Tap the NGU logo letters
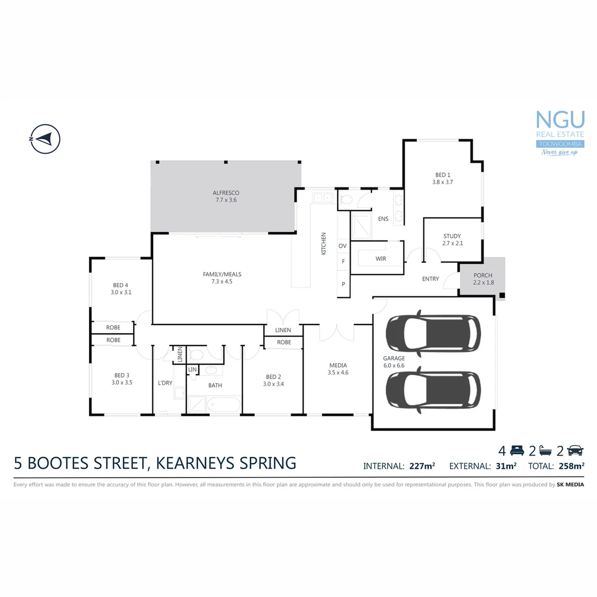click(x=560, y=120)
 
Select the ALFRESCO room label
click(x=226, y=193)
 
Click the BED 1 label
click(x=442, y=175)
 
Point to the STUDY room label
click(x=452, y=236)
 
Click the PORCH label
click(x=483, y=275)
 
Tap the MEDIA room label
click(x=338, y=365)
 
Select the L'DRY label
click(x=165, y=383)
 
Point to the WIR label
click(x=380, y=259)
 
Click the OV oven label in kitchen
click(x=342, y=245)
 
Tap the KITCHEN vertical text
click(x=324, y=243)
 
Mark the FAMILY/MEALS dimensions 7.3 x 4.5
click(x=222, y=281)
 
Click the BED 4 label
click(x=120, y=285)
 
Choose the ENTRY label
click(x=430, y=279)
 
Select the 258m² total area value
click(x=571, y=466)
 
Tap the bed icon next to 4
click(x=516, y=450)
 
